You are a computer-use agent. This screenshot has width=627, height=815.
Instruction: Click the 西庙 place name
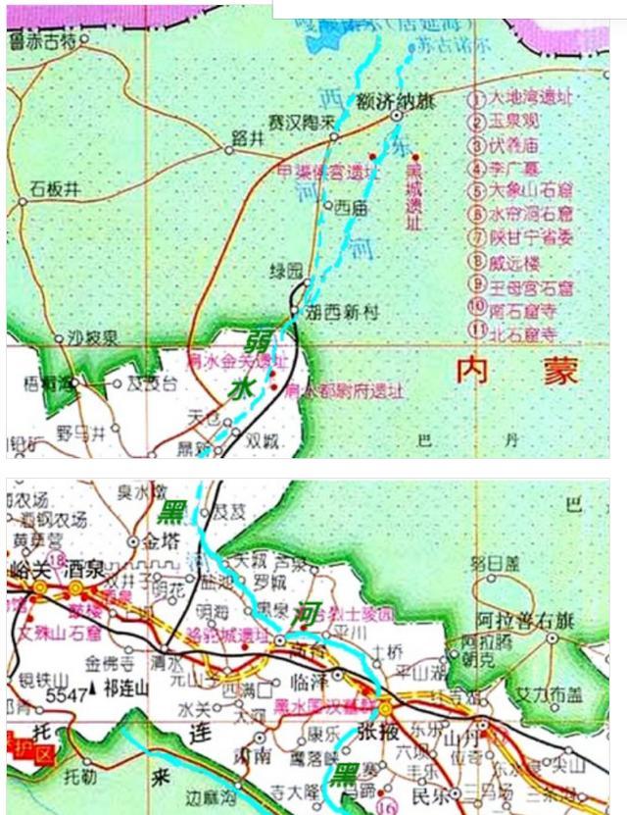[350, 208]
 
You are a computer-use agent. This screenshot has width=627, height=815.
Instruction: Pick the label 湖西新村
[342, 313]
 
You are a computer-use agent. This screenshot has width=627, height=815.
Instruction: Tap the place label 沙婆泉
[93, 337]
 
